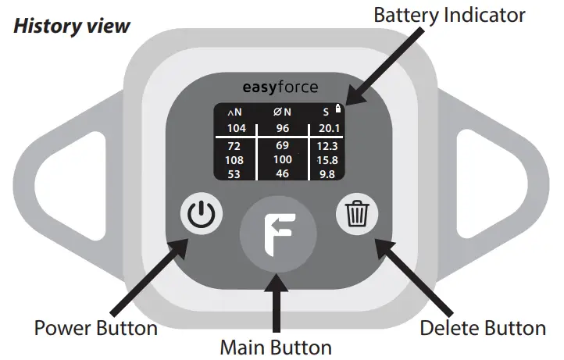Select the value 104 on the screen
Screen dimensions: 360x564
(236, 128)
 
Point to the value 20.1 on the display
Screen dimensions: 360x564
(326, 128)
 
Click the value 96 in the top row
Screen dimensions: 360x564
(281, 128)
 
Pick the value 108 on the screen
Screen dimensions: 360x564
(236, 160)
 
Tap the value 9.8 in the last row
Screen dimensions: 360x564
(326, 173)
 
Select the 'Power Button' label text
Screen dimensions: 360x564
(96, 327)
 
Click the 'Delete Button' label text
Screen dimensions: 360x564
(483, 327)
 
